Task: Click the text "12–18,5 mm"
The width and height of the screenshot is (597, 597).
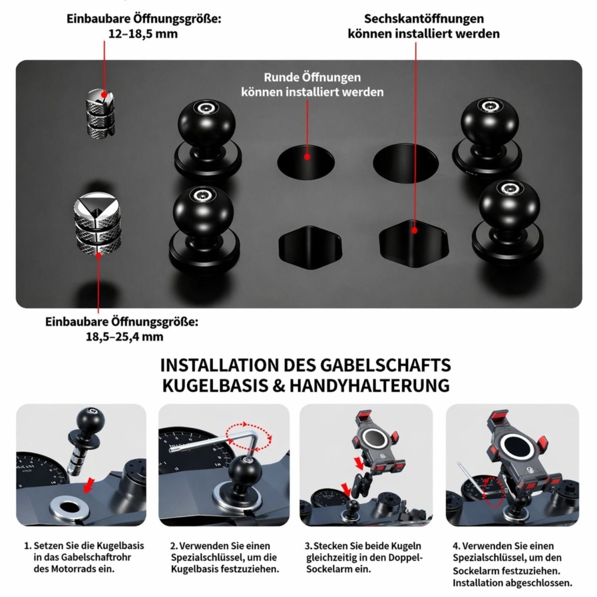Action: click(143, 33)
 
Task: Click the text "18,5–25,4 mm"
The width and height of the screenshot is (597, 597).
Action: click(124, 337)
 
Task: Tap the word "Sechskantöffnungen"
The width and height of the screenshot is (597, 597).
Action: click(424, 18)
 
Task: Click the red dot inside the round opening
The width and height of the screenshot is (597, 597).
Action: click(307, 157)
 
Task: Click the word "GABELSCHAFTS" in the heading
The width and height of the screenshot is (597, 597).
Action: click(385, 365)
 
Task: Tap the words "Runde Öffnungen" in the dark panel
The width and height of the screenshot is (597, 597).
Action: click(312, 78)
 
